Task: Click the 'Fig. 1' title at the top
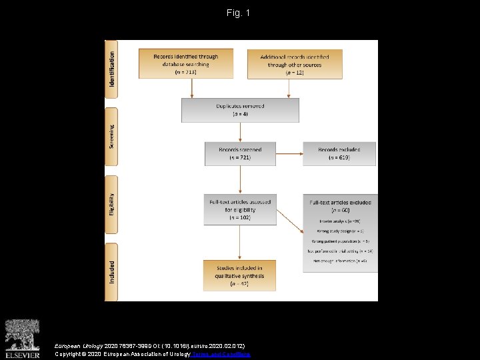pos(238,13)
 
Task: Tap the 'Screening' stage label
pos(111,137)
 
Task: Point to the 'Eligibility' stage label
pos(111,203)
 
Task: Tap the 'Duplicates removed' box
pos(240,110)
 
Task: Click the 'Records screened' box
pos(240,153)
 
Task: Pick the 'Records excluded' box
pos(339,153)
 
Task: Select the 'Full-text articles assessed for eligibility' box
pos(240,209)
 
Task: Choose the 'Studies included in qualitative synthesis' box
pos(240,275)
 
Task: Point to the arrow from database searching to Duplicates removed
pos(192,88)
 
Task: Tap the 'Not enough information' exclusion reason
pos(340,261)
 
